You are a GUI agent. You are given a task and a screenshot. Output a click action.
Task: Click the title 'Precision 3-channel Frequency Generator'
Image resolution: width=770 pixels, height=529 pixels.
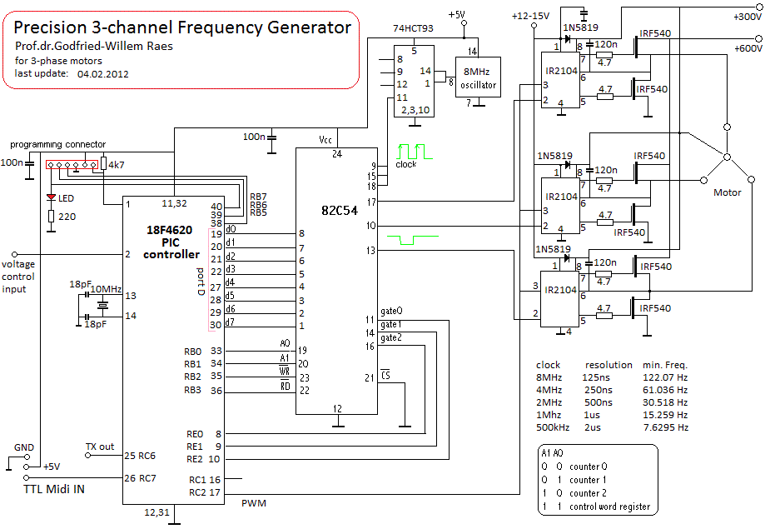click(x=183, y=27)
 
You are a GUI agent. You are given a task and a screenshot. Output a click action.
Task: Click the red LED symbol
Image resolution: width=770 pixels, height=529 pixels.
click(x=51, y=197)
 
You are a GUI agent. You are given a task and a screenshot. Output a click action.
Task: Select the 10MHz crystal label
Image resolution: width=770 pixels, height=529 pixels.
click(x=107, y=288)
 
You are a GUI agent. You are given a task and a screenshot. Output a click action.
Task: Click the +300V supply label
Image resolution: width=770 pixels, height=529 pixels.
click(x=748, y=16)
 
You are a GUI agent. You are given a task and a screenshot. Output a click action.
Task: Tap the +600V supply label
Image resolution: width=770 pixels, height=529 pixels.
click(x=748, y=47)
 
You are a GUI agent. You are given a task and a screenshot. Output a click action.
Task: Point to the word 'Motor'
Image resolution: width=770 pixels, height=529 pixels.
click(x=727, y=192)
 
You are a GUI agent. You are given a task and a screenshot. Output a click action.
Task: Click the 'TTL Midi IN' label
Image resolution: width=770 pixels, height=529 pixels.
click(x=54, y=489)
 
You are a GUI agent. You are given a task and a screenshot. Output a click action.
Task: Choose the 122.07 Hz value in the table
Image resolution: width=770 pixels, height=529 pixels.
click(x=665, y=377)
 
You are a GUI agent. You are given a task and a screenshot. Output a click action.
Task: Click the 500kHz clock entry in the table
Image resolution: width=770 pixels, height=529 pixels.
click(x=554, y=427)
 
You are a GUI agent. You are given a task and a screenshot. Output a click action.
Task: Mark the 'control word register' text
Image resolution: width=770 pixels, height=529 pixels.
click(x=609, y=507)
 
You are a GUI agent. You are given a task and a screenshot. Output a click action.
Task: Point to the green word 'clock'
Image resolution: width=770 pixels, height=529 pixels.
click(x=406, y=164)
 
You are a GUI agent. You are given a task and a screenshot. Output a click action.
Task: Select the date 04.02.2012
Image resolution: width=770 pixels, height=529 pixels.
click(x=104, y=73)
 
